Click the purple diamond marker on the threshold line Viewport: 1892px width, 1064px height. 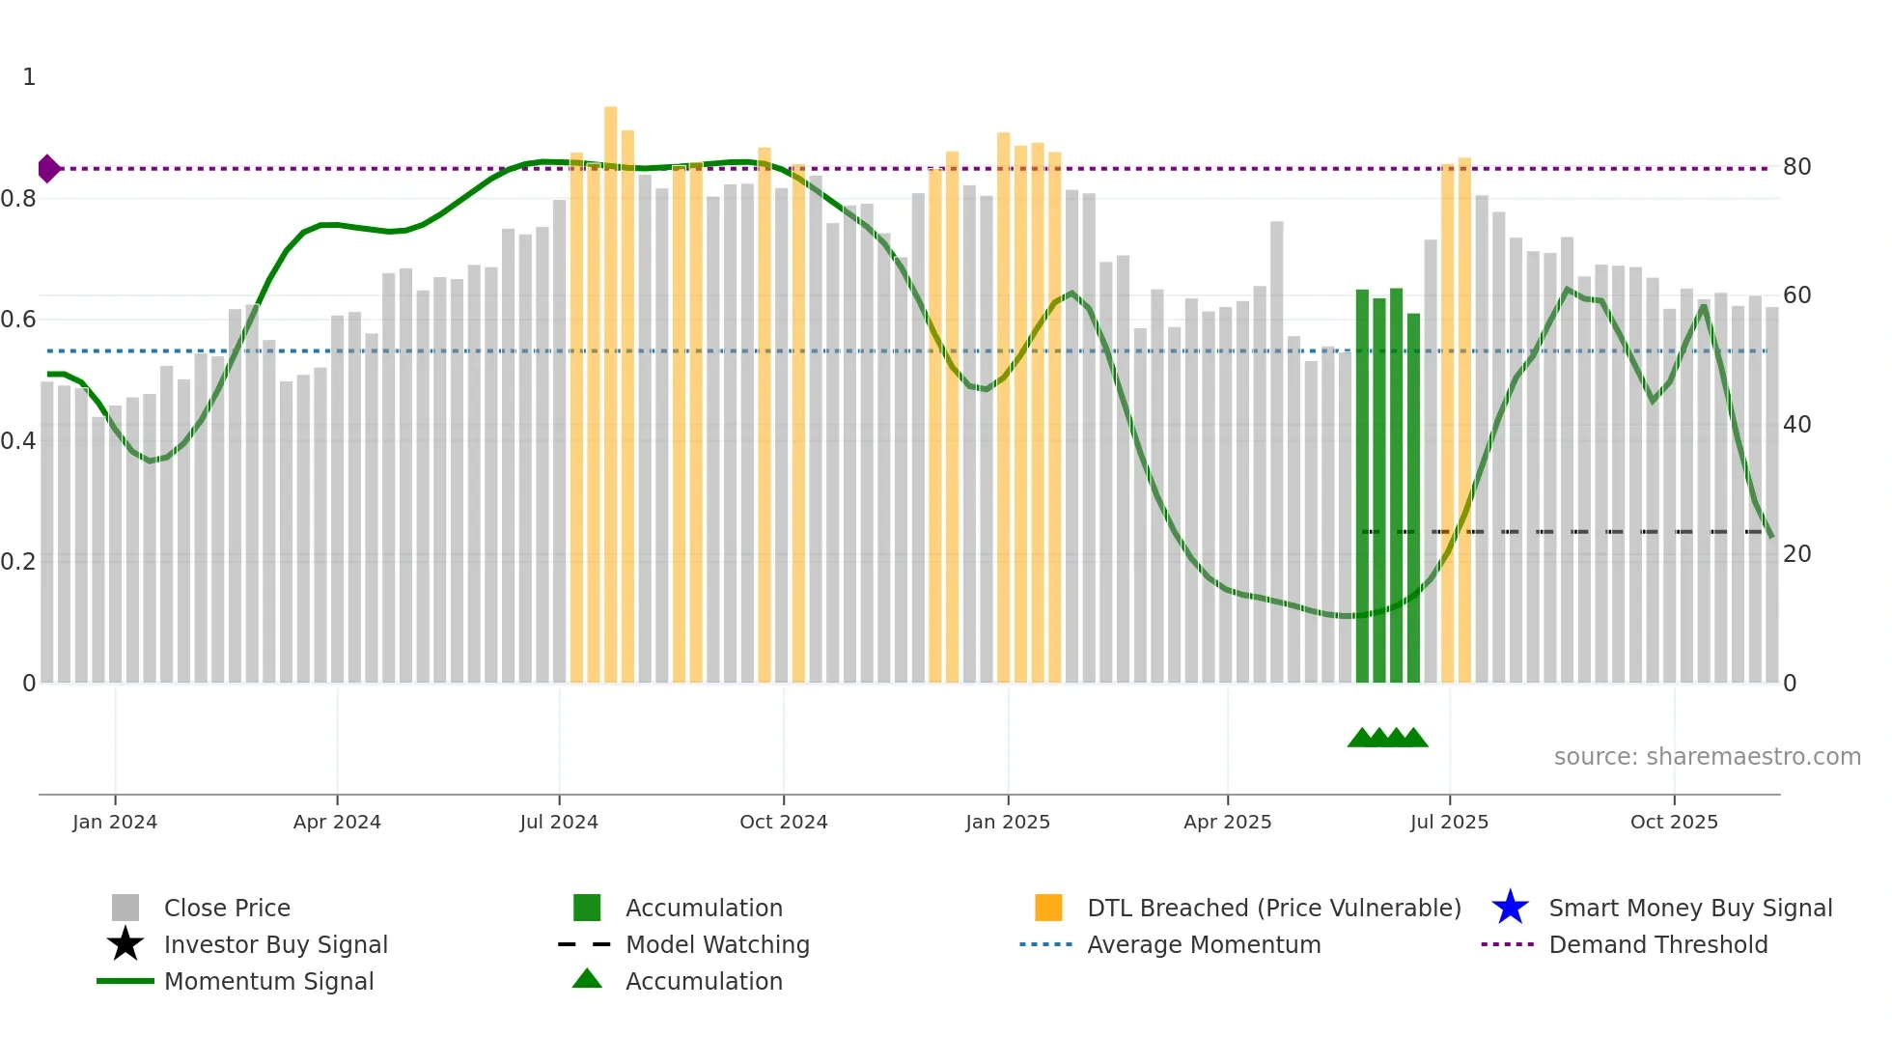coord(48,169)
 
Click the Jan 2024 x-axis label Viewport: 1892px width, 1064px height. coord(115,822)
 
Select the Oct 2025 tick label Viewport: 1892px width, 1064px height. coord(1674,822)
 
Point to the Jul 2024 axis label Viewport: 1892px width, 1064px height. coord(559,822)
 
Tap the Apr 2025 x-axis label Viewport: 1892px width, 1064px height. coord(1227,822)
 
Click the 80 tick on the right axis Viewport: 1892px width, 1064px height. coord(1796,167)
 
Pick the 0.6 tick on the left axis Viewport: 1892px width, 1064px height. coord(18,320)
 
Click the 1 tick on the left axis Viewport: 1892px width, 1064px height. coord(29,77)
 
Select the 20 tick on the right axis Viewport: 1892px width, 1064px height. coord(1796,554)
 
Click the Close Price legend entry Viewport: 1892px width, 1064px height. coord(227,908)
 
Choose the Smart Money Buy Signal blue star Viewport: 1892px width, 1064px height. coord(1510,908)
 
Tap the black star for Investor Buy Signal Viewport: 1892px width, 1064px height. coord(125,944)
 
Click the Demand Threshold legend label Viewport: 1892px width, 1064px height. coord(1657,944)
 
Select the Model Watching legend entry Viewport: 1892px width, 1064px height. coord(717,944)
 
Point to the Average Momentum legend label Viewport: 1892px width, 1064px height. coord(1204,944)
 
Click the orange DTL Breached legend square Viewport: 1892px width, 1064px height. coord(1048,908)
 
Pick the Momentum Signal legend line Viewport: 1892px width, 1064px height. coord(125,981)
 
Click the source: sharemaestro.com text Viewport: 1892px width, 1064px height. coord(1707,757)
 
